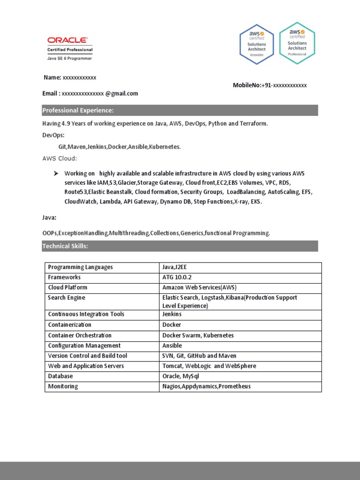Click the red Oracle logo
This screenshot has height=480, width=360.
click(x=66, y=41)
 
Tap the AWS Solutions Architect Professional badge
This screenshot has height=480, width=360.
click(x=297, y=43)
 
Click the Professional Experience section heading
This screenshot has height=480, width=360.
click(x=78, y=111)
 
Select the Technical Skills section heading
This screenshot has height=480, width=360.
click(x=65, y=246)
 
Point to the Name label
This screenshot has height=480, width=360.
click(x=52, y=77)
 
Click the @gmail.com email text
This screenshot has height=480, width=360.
click(x=121, y=93)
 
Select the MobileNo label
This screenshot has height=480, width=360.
click(x=247, y=85)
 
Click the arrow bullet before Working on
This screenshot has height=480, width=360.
click(x=56, y=173)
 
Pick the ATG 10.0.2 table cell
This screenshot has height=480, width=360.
click(x=176, y=277)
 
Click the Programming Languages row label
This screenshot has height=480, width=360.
click(x=80, y=267)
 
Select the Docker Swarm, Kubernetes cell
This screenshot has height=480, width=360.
click(x=198, y=335)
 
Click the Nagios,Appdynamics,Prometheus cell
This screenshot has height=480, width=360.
click(x=206, y=386)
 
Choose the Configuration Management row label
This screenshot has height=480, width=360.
click(x=84, y=345)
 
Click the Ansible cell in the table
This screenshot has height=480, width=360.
click(x=172, y=345)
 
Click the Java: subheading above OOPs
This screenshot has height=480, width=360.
click(x=49, y=218)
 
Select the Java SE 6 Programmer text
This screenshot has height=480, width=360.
click(x=69, y=59)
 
